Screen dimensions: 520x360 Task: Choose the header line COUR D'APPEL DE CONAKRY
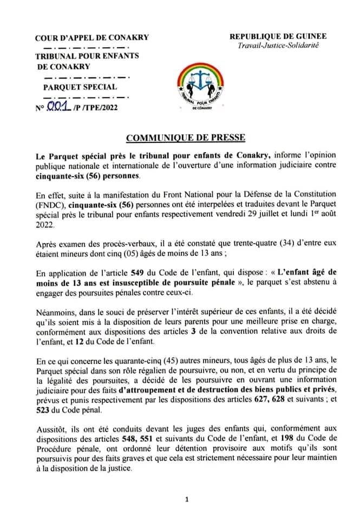click(x=91, y=38)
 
